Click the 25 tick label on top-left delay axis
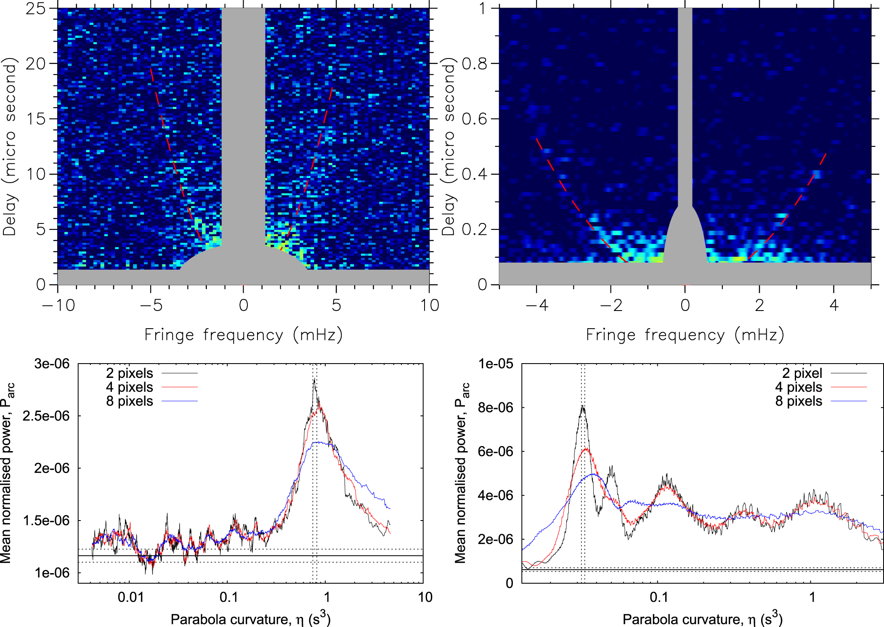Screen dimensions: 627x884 [x=35, y=9]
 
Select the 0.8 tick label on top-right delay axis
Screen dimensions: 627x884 [x=474, y=64]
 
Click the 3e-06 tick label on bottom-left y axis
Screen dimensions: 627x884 [x=52, y=364]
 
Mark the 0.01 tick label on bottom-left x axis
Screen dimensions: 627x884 [x=130, y=597]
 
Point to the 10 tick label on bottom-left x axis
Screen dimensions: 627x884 [x=425, y=597]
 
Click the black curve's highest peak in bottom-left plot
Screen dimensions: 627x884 [x=314, y=380]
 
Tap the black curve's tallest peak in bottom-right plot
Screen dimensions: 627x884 [x=583, y=406]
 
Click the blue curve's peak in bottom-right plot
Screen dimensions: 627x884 [x=593, y=474]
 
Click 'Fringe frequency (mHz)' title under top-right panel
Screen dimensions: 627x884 [x=685, y=335]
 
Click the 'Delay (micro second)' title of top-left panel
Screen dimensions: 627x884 [x=9, y=146]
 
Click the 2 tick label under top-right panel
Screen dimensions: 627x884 [x=759, y=306]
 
